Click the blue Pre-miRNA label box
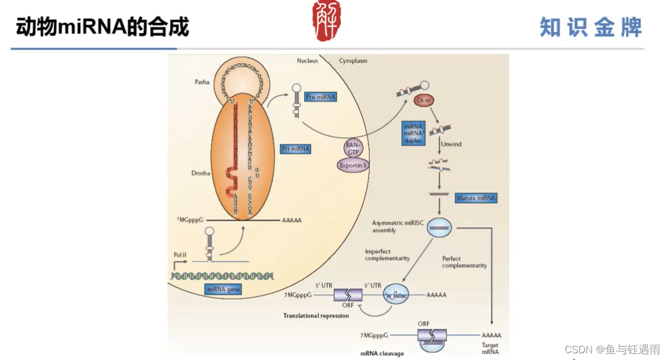point(321,97)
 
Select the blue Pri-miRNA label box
point(295,149)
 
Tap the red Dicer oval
point(424,100)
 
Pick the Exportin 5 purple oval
point(353,165)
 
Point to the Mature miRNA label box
point(476,198)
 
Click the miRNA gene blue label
point(224,289)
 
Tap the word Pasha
point(202,82)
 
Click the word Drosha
point(201,173)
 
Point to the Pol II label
point(180,254)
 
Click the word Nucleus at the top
point(307,61)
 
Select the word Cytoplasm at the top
point(353,61)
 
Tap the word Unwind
point(451,144)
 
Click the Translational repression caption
point(316,315)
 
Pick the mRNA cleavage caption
point(382,353)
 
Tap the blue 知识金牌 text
point(591,27)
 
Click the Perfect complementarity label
point(464,262)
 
